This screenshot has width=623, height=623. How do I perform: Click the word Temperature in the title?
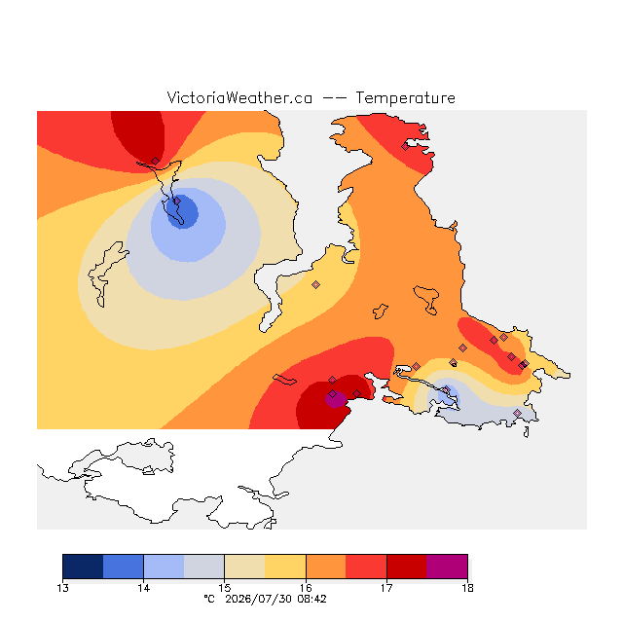(x=405, y=97)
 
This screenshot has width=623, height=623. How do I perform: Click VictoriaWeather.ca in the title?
(x=239, y=97)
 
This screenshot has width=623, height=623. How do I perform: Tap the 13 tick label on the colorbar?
(x=62, y=588)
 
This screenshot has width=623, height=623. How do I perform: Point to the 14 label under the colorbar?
(x=143, y=588)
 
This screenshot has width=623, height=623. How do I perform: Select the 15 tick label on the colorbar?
(x=225, y=588)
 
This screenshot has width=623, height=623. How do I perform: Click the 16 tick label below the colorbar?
(x=306, y=588)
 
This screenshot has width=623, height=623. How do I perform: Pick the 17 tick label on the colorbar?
(x=386, y=588)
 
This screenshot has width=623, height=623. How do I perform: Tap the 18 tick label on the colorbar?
(x=467, y=588)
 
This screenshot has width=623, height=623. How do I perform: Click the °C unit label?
(x=209, y=599)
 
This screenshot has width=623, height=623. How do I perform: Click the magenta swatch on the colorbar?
(x=447, y=567)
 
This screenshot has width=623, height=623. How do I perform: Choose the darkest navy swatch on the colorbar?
(x=83, y=567)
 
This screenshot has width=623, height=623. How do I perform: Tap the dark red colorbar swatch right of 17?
(x=407, y=567)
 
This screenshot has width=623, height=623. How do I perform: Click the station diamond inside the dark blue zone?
(x=177, y=202)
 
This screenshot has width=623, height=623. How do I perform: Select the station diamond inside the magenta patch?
(x=333, y=393)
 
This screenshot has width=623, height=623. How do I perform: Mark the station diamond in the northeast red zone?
(x=405, y=147)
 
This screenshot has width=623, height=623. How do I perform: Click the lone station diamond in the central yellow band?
(x=315, y=284)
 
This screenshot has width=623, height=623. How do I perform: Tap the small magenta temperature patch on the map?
(x=336, y=400)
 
